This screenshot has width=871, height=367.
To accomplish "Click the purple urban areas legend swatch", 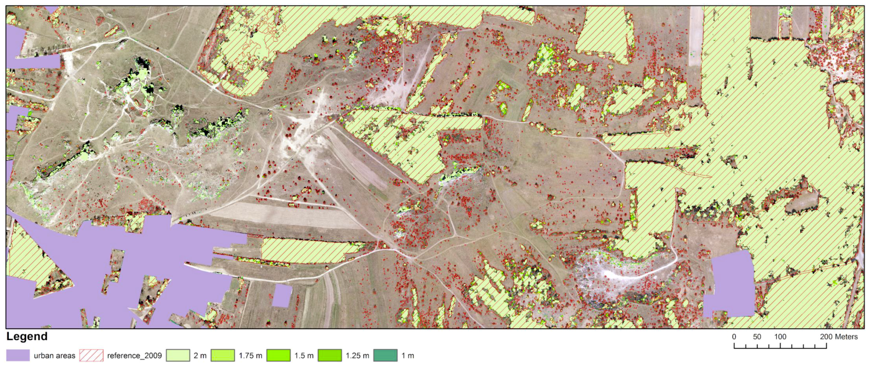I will coord(18,356).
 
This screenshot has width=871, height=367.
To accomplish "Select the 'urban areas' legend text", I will coord(54,356).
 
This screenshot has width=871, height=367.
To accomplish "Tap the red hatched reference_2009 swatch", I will coord(91,356).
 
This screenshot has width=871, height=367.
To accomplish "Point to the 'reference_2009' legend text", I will coord(135,356).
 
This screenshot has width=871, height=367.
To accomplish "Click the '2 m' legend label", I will coord(200,356).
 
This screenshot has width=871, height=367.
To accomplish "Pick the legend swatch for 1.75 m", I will coord(223,356).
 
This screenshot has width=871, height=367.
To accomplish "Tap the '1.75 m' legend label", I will coord(250,356).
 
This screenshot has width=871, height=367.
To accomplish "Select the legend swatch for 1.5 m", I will coord(278,356).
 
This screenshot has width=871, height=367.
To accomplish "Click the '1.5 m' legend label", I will coord(304,356).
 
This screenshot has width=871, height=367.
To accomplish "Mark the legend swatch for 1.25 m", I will coord(330,356).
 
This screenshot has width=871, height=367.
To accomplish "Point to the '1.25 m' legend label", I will coord(357,356).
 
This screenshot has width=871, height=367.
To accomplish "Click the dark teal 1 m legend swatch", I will coord(386,356).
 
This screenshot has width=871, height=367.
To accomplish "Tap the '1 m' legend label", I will coord(408,356).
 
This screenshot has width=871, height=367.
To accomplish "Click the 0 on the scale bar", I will coord(734,337).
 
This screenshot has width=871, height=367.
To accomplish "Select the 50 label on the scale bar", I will coord(757,337).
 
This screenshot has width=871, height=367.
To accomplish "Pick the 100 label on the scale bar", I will coord(780,337).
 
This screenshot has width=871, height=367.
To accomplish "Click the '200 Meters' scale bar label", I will coord(839,337).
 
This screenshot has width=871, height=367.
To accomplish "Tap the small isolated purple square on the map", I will coord(282,296).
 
